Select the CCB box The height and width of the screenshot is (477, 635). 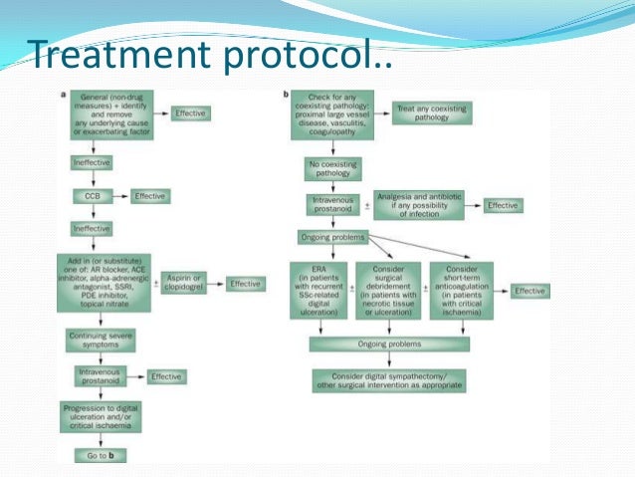(x=93, y=196)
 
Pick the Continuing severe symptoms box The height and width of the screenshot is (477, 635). (x=101, y=340)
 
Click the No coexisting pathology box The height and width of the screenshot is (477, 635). (x=332, y=168)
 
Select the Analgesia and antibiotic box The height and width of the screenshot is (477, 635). (x=419, y=205)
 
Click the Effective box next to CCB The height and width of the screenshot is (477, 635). (x=148, y=196)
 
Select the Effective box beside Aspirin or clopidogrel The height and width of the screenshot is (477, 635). (x=245, y=284)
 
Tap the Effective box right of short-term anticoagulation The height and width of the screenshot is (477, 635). (x=529, y=291)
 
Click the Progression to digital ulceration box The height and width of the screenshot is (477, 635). (x=101, y=417)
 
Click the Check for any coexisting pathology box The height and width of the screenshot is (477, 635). (x=332, y=119)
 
